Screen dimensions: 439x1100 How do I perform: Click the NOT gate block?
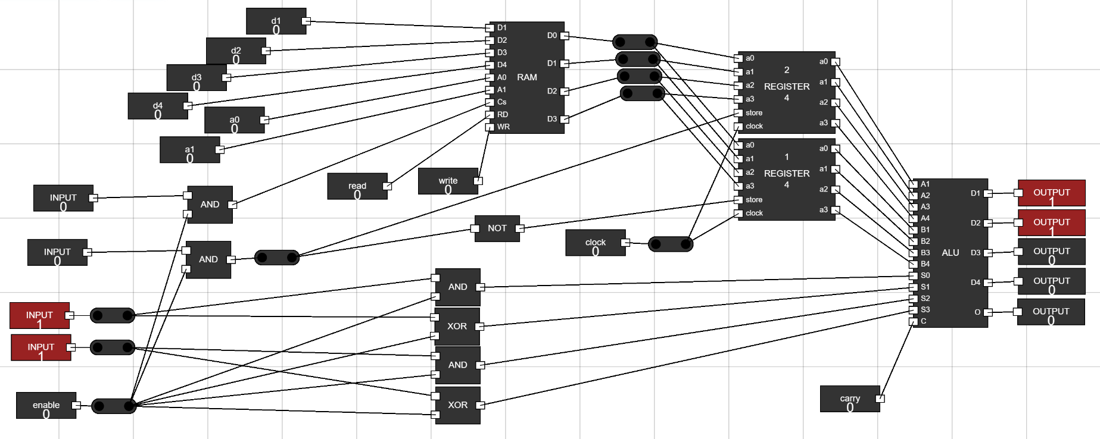pyautogui.click(x=497, y=228)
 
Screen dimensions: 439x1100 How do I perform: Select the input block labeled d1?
pyautogui.click(x=276, y=21)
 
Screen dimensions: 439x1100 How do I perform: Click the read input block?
pyautogui.click(x=357, y=187)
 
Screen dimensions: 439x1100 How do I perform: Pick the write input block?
pyautogui.click(x=448, y=181)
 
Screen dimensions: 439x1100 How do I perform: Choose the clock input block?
pyautogui.click(x=595, y=243)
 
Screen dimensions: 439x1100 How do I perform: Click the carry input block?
pyautogui.click(x=849, y=399)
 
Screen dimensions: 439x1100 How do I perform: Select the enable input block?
pyautogui.click(x=46, y=406)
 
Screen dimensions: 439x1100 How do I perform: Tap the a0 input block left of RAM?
pyautogui.click(x=234, y=120)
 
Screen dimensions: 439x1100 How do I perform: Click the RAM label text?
pyautogui.click(x=527, y=77)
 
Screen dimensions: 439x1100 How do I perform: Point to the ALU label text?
pyautogui.click(x=951, y=253)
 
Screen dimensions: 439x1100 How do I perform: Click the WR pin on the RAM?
pyautogui.click(x=490, y=127)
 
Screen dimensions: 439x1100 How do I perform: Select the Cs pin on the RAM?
pyautogui.click(x=490, y=102)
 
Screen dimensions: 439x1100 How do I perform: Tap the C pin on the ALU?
pyautogui.click(x=914, y=321)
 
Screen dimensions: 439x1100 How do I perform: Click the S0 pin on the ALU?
pyautogui.click(x=914, y=275)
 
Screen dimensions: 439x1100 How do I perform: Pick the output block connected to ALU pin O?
pyautogui.click(x=1051, y=312)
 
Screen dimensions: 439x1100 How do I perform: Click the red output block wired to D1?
pyautogui.click(x=1051, y=193)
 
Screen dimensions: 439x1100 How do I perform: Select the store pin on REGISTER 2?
pyautogui.click(x=739, y=113)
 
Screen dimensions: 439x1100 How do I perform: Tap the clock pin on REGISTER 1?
pyautogui.click(x=739, y=213)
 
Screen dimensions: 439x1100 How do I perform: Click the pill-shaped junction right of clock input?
pyautogui.click(x=670, y=244)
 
